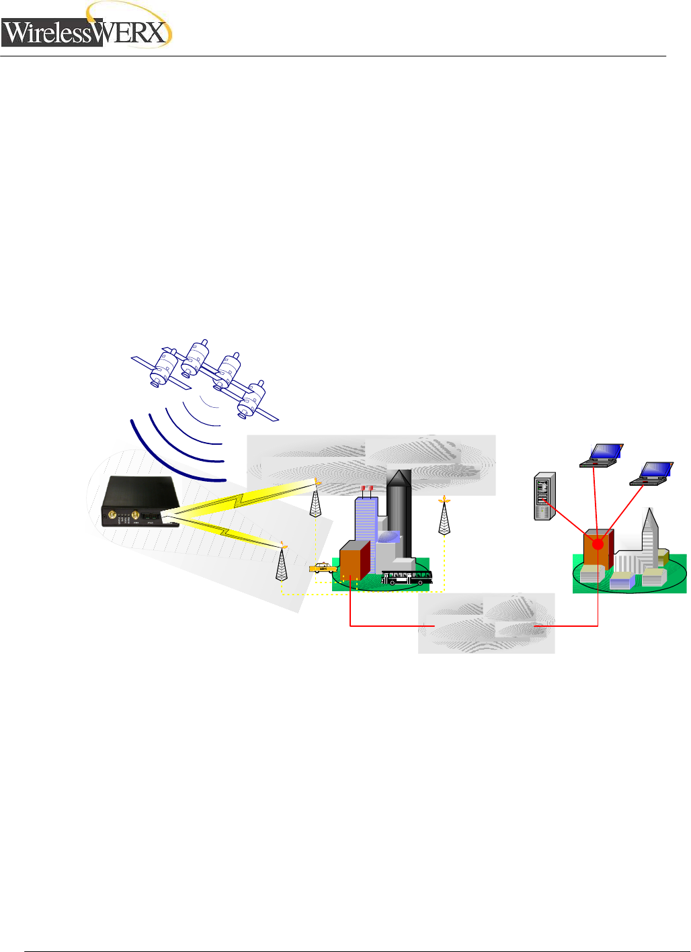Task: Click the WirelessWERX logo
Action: click(x=86, y=30)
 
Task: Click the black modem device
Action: click(x=140, y=501)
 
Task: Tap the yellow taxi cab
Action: click(x=323, y=568)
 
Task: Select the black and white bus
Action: click(x=407, y=577)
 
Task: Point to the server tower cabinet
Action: click(x=544, y=496)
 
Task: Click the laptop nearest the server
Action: click(x=601, y=455)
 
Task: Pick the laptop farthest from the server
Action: click(x=651, y=473)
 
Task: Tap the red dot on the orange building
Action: click(x=598, y=544)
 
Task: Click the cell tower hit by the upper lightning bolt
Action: click(x=315, y=501)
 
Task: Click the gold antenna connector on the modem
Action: click(x=135, y=516)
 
